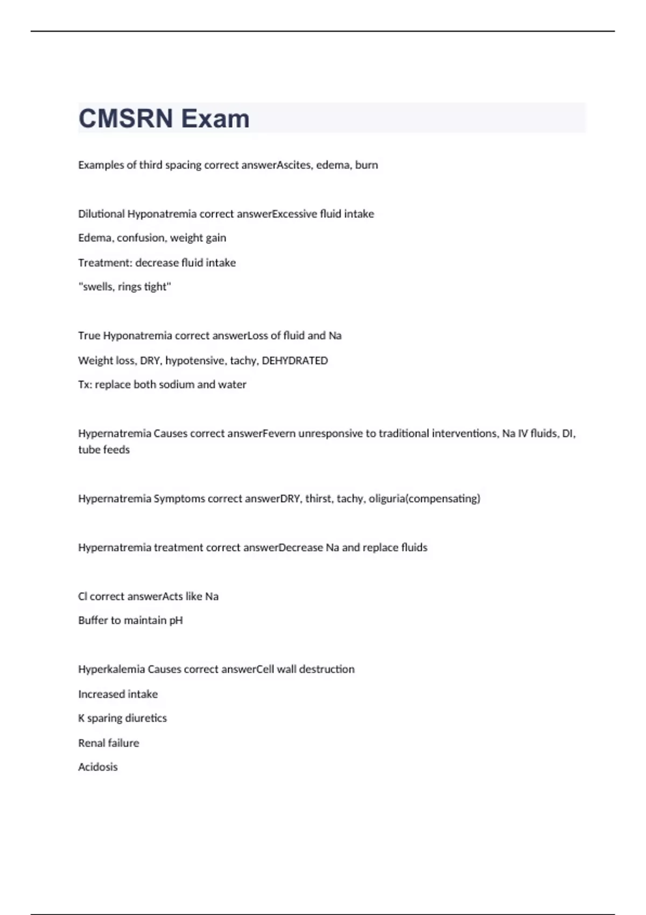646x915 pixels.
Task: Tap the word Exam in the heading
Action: pyautogui.click(x=215, y=118)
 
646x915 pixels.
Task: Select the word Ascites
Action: pyautogui.click(x=294, y=165)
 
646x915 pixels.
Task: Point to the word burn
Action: pyautogui.click(x=367, y=165)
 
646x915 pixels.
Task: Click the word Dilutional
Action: pyautogui.click(x=101, y=214)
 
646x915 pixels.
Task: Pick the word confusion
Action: pyautogui.click(x=141, y=238)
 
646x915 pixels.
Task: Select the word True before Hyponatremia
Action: pyautogui.click(x=89, y=335)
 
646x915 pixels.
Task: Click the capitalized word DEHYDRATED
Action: pyautogui.click(x=294, y=360)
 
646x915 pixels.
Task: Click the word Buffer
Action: pyautogui.click(x=93, y=620)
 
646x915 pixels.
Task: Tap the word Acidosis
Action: pyautogui.click(x=97, y=766)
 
